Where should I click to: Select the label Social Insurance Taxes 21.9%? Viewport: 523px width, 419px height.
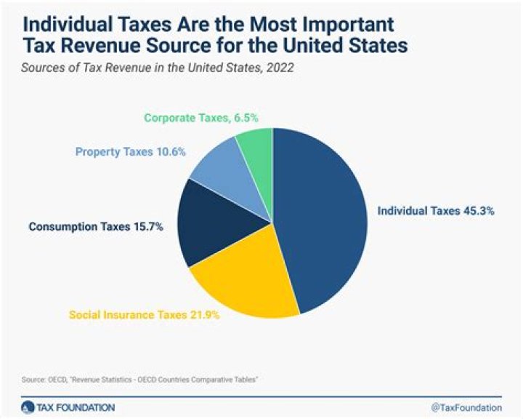144,316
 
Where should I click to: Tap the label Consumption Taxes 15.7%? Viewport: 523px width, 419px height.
96,227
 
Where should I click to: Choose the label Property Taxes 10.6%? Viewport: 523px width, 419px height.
131,152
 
